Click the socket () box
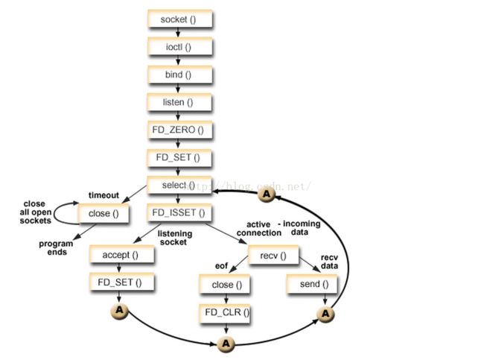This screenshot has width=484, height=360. [x=179, y=19]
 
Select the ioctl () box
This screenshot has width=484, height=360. [x=179, y=47]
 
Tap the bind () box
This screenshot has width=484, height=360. [x=179, y=75]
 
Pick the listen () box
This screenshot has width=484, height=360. [x=179, y=102]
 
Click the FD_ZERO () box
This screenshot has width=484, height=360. [x=179, y=130]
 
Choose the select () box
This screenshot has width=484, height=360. [x=179, y=185]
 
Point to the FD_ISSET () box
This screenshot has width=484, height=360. [x=179, y=212]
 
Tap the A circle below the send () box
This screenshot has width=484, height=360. [x=325, y=315]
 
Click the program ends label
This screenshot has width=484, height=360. [x=55, y=247]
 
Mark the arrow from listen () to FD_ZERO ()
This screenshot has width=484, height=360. [x=179, y=116]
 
